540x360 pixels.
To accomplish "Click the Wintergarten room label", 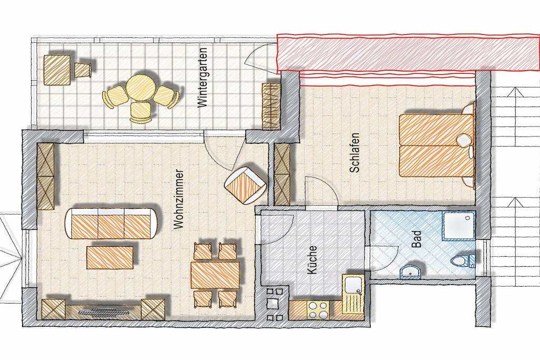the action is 202,77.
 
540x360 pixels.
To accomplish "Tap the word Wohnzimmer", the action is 178,199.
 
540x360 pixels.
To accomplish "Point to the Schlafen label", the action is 354,152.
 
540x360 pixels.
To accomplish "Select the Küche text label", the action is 312,260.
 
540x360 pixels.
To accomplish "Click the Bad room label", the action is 417,239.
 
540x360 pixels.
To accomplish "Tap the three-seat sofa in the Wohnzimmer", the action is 112,223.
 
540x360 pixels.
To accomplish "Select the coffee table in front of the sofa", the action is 110,257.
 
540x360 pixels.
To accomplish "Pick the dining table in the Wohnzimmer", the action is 215,275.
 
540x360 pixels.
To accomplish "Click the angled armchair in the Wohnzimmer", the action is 245,185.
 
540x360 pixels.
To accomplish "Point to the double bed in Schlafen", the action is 436,145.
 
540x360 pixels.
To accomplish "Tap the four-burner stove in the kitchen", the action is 318,310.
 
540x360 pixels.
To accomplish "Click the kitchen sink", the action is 353,288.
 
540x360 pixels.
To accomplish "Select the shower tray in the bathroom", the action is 458,225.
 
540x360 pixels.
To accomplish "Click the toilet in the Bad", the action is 462,260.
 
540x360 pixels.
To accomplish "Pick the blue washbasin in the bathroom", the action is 410,271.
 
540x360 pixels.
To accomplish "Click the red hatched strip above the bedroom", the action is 409,53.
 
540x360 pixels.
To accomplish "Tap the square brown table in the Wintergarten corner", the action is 57,70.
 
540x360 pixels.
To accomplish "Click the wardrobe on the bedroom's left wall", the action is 283,174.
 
